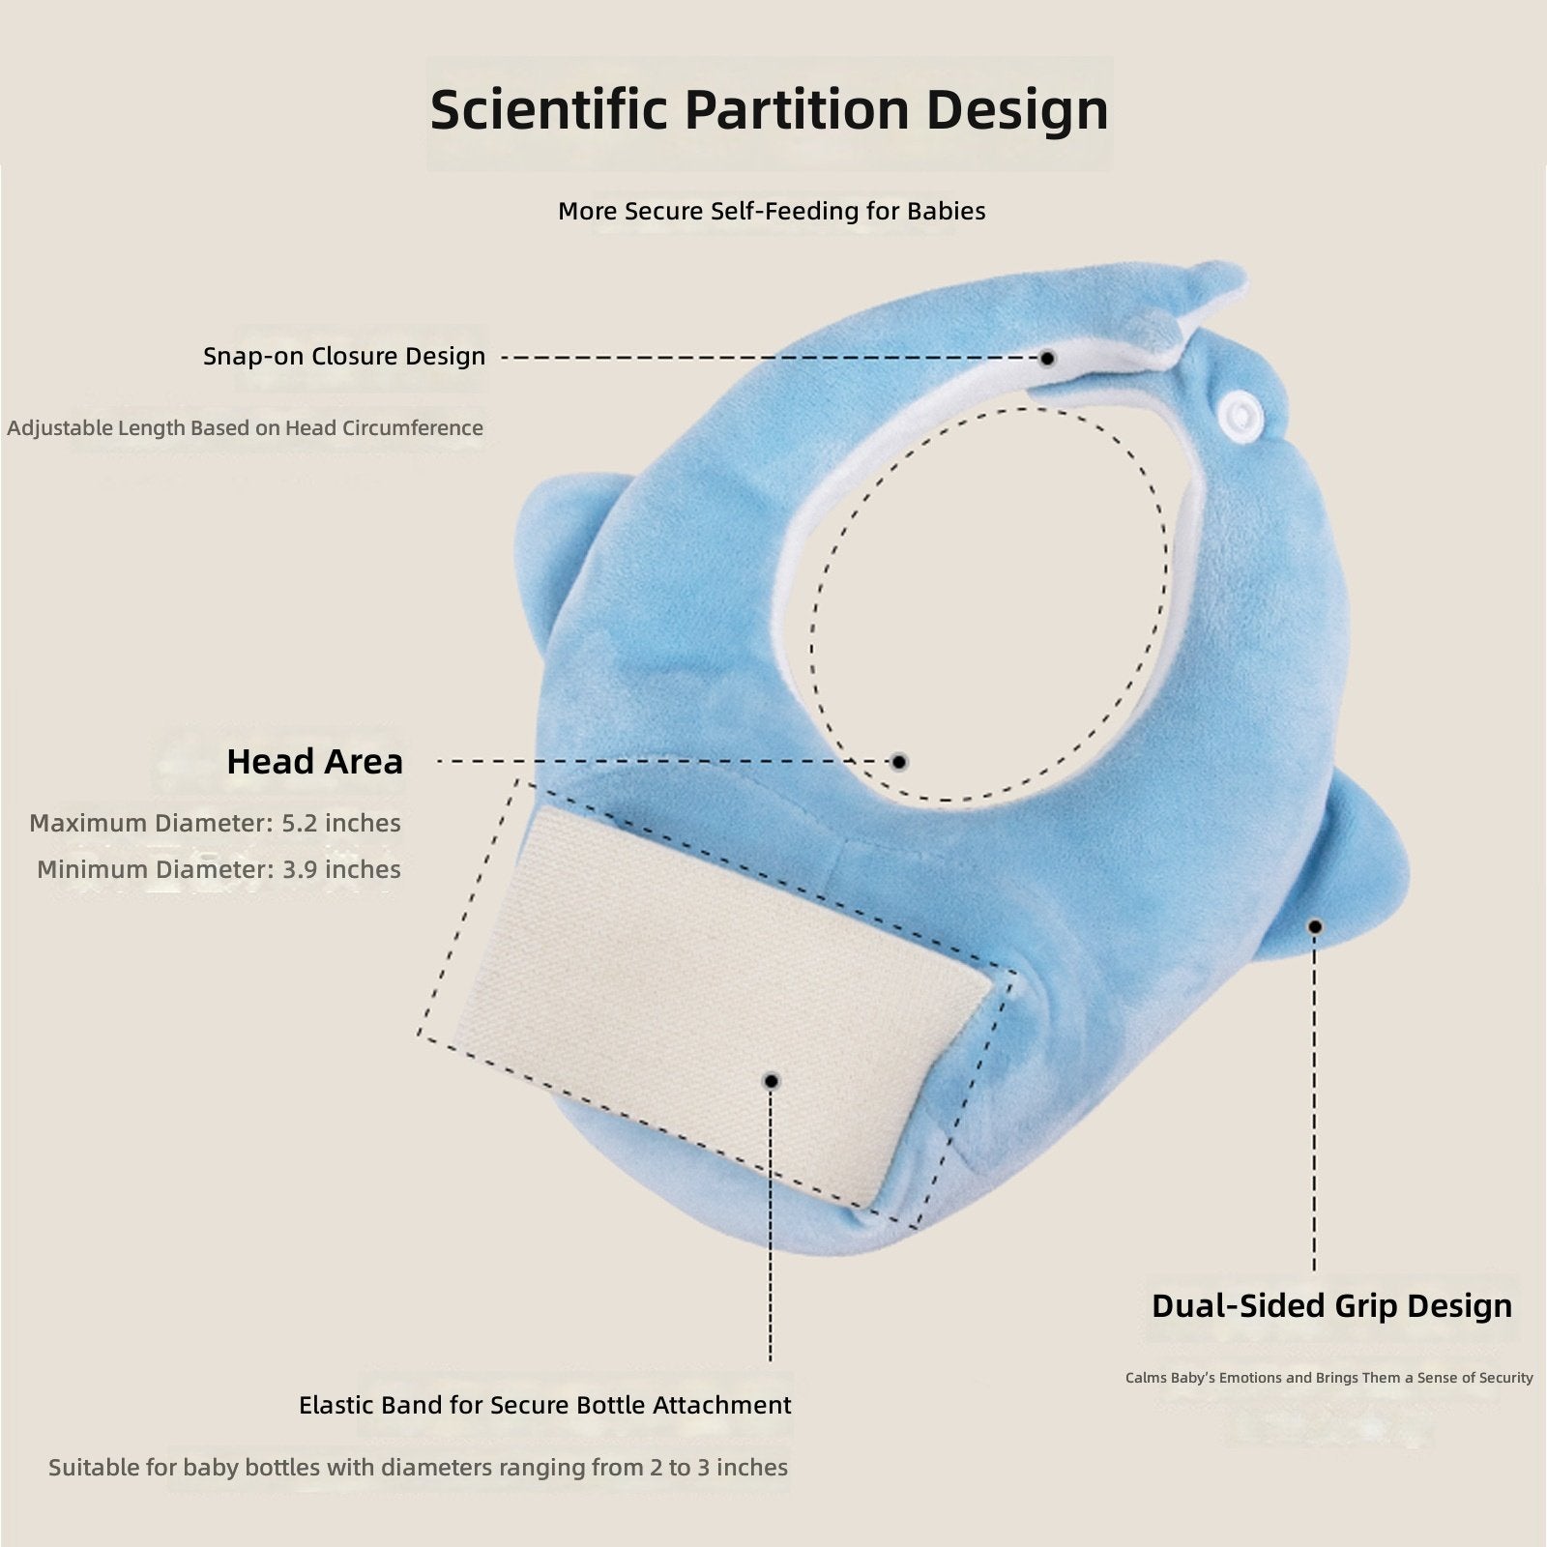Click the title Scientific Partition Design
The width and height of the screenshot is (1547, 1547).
click(769, 110)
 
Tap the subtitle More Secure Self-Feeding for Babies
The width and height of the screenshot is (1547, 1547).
click(772, 211)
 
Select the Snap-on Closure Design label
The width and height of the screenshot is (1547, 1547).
click(344, 356)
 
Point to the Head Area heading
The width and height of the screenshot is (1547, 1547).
click(314, 762)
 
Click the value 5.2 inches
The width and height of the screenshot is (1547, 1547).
click(341, 823)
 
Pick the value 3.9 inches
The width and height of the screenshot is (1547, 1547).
click(341, 869)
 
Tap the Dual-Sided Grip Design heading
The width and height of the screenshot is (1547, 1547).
click(1331, 1306)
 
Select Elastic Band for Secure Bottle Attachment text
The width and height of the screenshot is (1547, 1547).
click(545, 1405)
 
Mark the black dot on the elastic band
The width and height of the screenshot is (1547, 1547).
click(771, 1081)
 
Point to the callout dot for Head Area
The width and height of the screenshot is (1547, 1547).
click(899, 762)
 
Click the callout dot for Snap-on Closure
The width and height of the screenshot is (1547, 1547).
click(1047, 358)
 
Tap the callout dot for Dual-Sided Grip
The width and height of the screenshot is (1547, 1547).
click(1315, 926)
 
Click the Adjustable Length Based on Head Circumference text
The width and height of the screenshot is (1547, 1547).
click(245, 427)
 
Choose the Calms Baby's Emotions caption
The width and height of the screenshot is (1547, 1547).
click(1329, 1378)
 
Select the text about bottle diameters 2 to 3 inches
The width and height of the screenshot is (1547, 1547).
click(418, 1468)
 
